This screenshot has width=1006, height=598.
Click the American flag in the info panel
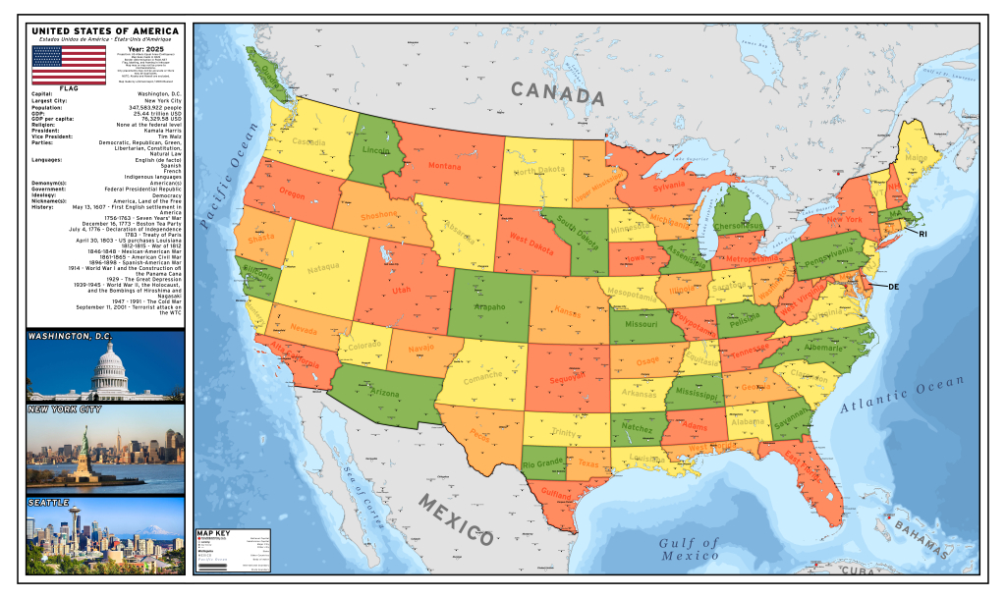pos(69,64)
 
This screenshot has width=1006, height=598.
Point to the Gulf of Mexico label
pos(690,549)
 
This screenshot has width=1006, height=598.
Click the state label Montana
pos(443,166)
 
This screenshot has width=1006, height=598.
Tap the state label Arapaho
pos(489,307)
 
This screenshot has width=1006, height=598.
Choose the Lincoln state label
pos(376,151)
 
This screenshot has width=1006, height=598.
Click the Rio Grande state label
pos(541,462)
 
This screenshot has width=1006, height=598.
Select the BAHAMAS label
pos(924,541)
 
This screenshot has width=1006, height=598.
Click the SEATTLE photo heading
pos(49,503)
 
